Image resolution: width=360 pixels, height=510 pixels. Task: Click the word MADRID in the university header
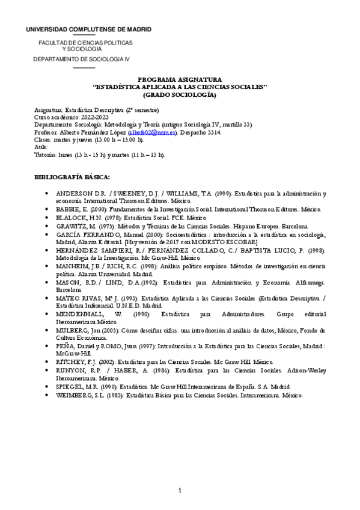(136, 29)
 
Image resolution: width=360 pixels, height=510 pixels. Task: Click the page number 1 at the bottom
(180, 491)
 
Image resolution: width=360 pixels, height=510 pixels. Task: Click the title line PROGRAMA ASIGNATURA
(180, 79)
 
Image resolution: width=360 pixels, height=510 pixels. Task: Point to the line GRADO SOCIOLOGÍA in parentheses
(180, 94)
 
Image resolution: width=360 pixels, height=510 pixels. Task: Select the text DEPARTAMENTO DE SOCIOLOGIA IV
(81, 59)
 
